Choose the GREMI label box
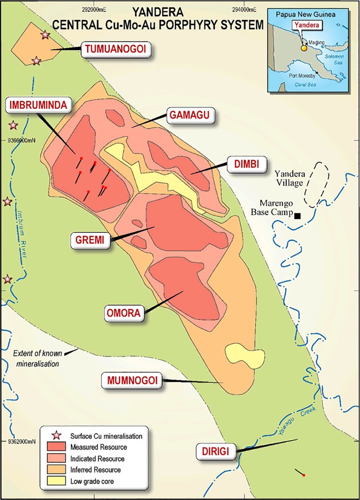pyautogui.click(x=90, y=240)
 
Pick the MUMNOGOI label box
pyautogui.click(x=132, y=380)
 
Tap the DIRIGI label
pyautogui.click(x=216, y=452)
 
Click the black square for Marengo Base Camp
pyautogui.click(x=297, y=216)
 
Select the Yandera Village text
pyautogui.click(x=290, y=178)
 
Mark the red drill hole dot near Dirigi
pyautogui.click(x=304, y=475)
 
